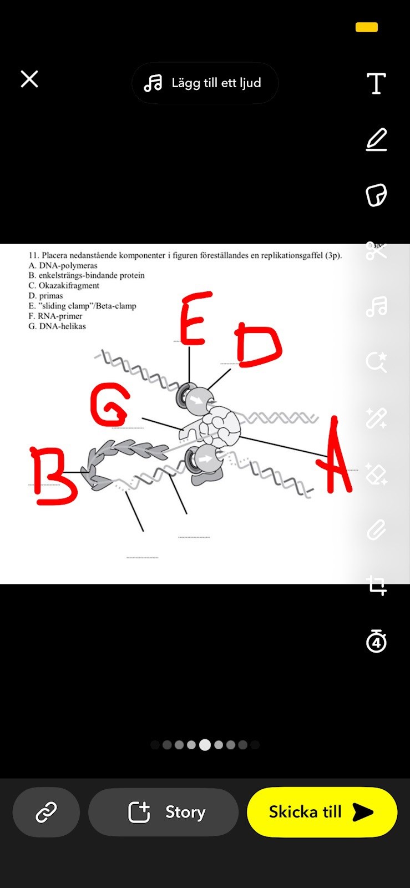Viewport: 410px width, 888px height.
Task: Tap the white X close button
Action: pyautogui.click(x=29, y=79)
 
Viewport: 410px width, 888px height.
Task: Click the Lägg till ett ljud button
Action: pyautogui.click(x=204, y=83)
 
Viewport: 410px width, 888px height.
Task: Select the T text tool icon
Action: pyautogui.click(x=376, y=83)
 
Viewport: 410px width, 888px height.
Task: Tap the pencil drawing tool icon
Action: pyautogui.click(x=376, y=139)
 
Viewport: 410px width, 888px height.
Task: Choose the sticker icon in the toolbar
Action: pyautogui.click(x=376, y=195)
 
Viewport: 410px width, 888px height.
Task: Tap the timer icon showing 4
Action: pyautogui.click(x=376, y=640)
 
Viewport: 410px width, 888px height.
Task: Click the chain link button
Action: pyautogui.click(x=46, y=813)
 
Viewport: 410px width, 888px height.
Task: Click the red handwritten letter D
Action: pyautogui.click(x=259, y=344)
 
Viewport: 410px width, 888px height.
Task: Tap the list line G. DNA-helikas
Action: pyautogui.click(x=57, y=326)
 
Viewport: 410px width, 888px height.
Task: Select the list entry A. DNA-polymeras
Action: pyautogui.click(x=63, y=266)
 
